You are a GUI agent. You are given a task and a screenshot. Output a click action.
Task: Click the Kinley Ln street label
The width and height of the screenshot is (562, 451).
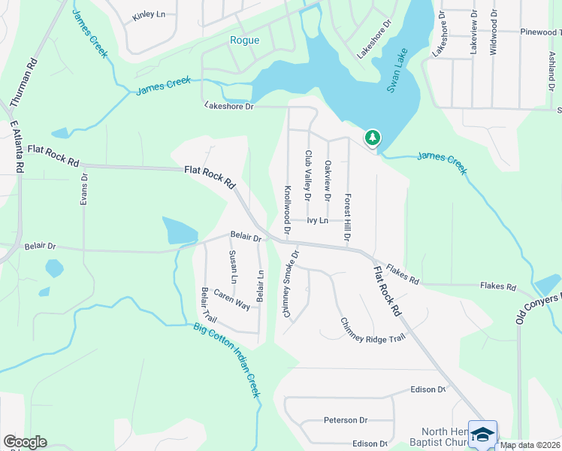pyautogui.click(x=148, y=15)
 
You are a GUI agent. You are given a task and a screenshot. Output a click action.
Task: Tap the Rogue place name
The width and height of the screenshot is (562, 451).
pyautogui.click(x=244, y=41)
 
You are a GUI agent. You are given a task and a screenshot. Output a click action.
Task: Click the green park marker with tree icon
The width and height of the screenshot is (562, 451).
pyautogui.click(x=372, y=138)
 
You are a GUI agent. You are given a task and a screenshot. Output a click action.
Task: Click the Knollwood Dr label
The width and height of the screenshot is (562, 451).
pyautogui.click(x=286, y=207)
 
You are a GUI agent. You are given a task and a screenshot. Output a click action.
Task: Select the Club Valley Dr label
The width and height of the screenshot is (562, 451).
pyautogui.click(x=307, y=175)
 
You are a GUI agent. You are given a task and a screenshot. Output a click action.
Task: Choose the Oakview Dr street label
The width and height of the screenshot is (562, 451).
pyautogui.click(x=327, y=180)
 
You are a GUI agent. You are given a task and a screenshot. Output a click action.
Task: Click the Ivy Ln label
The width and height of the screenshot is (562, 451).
pyautogui.click(x=317, y=220)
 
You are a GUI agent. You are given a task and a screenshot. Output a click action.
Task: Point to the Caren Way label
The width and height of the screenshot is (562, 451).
pyautogui.click(x=231, y=300)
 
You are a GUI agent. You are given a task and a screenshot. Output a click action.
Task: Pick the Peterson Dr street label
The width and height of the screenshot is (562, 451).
pyautogui.click(x=346, y=420)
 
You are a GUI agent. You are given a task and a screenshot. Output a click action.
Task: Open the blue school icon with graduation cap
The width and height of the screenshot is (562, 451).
pyautogui.click(x=482, y=434)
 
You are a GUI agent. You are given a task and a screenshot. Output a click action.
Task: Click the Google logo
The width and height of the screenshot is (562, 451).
pyautogui.click(x=25, y=442)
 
